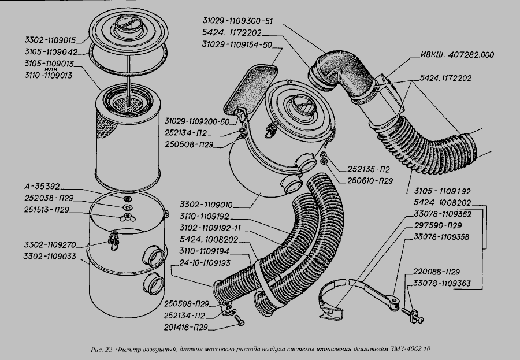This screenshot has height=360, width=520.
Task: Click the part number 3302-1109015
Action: click(50, 40)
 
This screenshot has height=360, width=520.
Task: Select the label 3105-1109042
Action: click(51, 52)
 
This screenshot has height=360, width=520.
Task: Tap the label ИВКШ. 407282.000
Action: click(458, 55)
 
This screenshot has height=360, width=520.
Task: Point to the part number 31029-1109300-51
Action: click(237, 21)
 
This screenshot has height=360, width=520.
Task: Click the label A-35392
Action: click(42, 186)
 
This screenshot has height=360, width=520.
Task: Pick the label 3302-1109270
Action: click(50, 245)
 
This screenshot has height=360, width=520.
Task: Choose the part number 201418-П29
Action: click(185, 327)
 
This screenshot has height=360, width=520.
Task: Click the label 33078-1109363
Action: click(442, 283)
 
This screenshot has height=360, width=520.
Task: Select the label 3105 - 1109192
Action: click(443, 191)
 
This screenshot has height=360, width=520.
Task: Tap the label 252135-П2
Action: click(369, 169)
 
